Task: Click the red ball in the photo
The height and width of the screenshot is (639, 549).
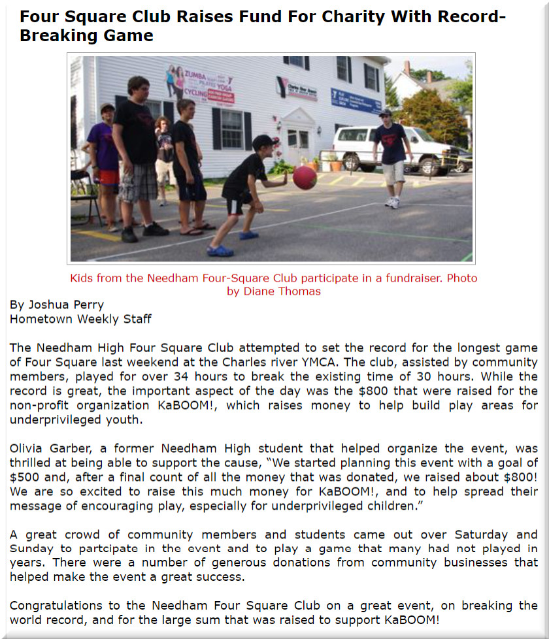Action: [305, 177]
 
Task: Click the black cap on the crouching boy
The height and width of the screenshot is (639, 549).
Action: [264, 142]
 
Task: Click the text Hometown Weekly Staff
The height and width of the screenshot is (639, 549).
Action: [80, 319]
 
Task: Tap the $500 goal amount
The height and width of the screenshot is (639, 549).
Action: [26, 477]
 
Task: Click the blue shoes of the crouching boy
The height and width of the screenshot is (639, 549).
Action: [220, 250]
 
